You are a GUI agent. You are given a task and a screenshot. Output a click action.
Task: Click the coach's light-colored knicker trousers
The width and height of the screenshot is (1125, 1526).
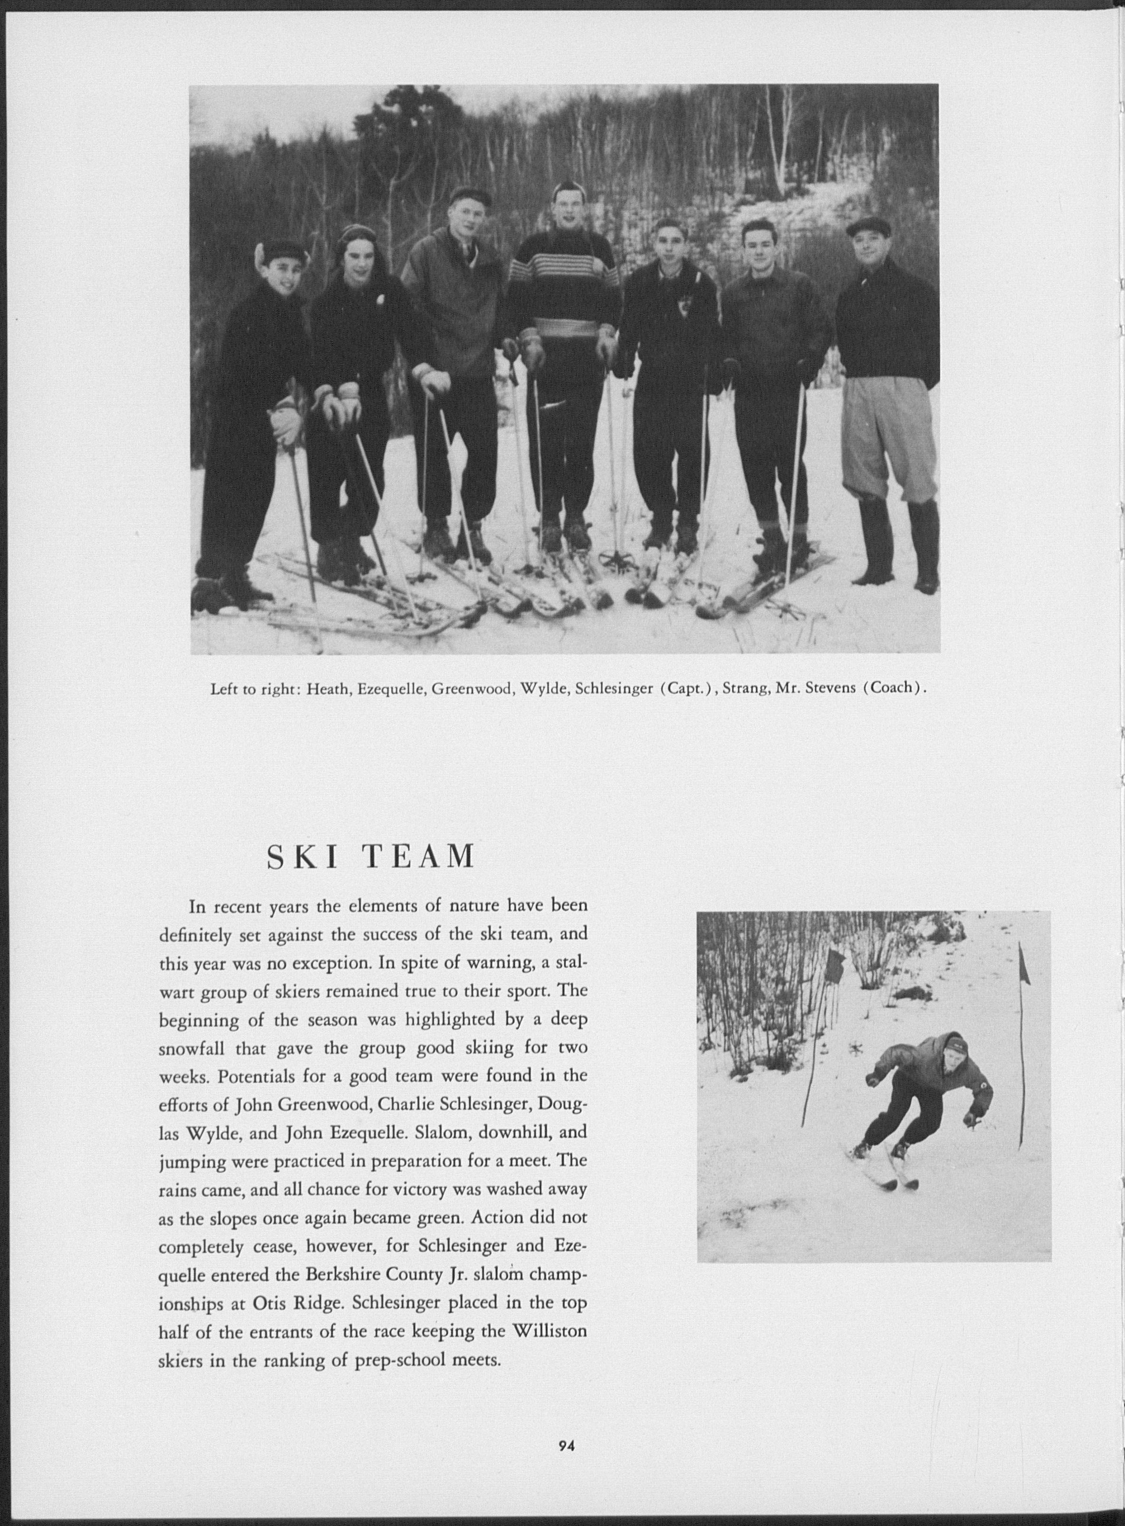point(885,429)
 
